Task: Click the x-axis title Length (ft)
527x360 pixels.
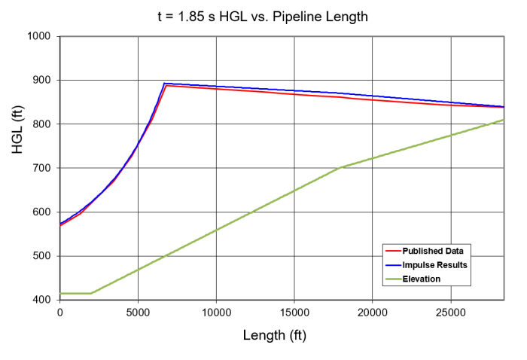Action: [274, 335]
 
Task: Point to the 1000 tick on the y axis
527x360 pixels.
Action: [38, 36]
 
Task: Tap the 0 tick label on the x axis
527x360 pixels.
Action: [60, 312]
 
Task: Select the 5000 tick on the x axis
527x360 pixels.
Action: [138, 312]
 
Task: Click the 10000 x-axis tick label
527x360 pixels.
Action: [216, 312]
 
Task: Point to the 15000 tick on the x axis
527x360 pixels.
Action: [294, 312]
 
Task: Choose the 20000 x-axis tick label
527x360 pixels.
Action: [373, 312]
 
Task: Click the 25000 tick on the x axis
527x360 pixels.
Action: [451, 312]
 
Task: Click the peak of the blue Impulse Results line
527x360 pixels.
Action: [165, 84]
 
